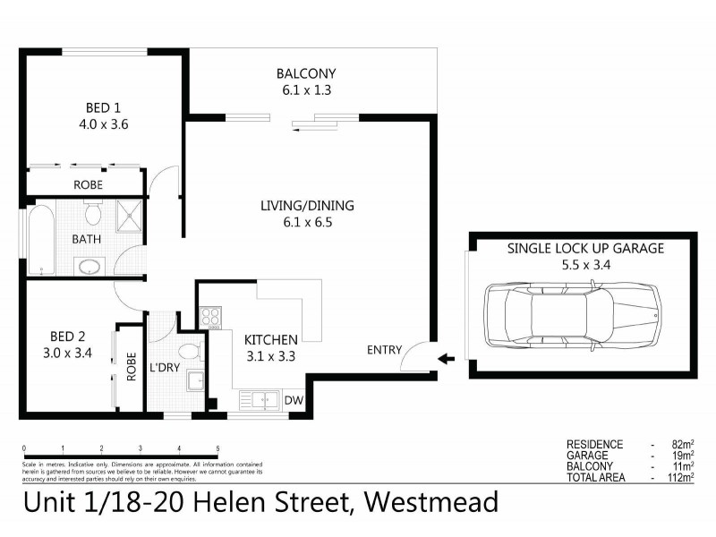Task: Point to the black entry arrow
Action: point(446,360)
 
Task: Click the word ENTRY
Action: point(385,350)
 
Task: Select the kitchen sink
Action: point(261,400)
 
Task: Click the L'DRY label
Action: point(165,368)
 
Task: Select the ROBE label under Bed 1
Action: point(88,184)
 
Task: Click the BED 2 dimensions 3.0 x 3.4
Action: point(68,352)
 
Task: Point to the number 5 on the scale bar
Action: point(217,448)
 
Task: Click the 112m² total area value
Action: point(682,477)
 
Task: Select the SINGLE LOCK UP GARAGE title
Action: point(585,248)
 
